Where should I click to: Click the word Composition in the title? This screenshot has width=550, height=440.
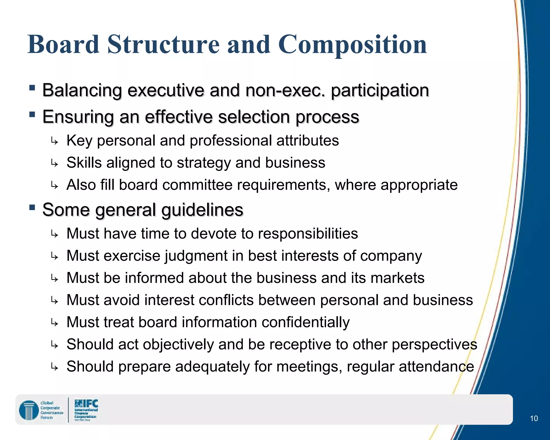coord(352,45)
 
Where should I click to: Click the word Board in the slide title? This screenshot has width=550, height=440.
coord(63,45)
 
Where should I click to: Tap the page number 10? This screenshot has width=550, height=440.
coord(534,418)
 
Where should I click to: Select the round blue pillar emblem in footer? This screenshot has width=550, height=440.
coord(29,410)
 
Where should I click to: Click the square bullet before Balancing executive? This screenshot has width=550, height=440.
coord(32,88)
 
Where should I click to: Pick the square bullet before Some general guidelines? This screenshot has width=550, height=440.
coord(32,207)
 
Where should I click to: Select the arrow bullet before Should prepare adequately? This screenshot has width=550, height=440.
coord(54,367)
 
